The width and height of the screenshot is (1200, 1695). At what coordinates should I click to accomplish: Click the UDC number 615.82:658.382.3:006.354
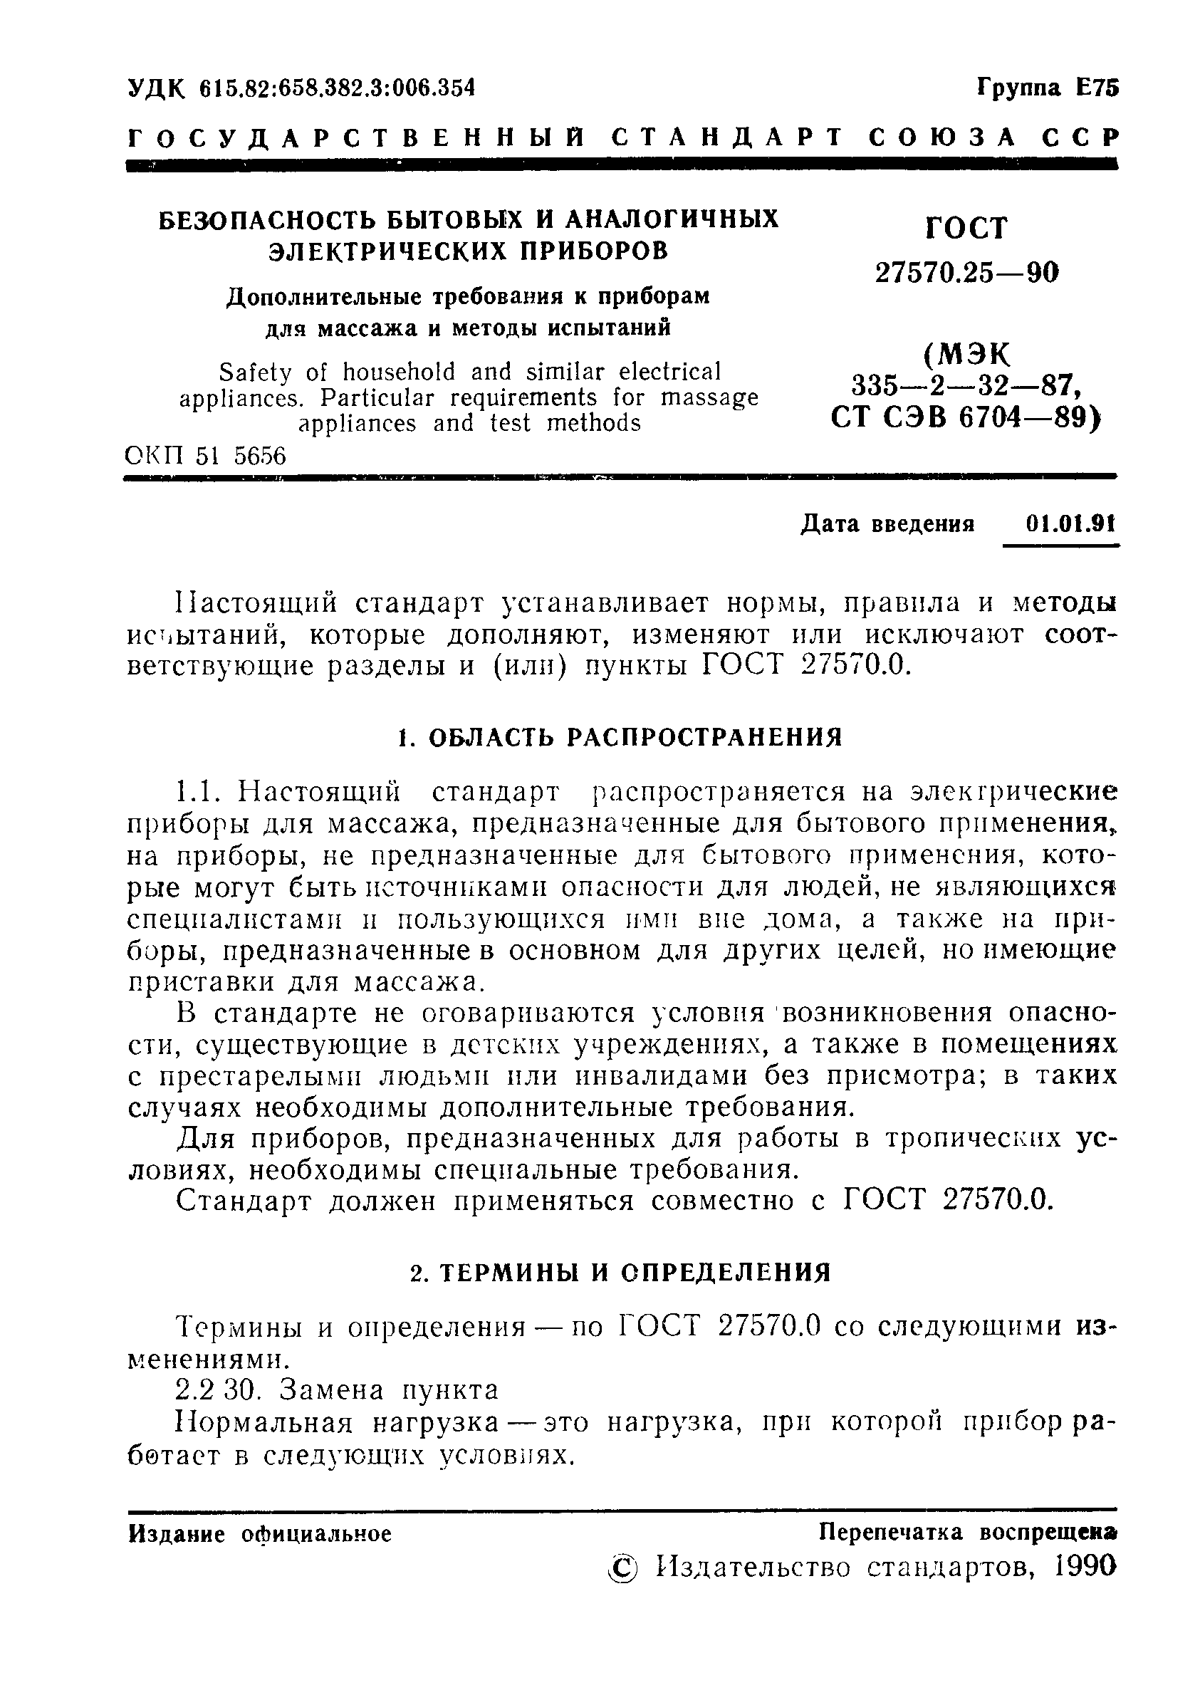(337, 88)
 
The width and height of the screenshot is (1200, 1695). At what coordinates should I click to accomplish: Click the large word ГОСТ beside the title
(966, 229)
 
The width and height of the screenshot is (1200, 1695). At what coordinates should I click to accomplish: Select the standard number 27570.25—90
(966, 273)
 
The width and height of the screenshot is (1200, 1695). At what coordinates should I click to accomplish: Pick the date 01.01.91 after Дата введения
(1070, 525)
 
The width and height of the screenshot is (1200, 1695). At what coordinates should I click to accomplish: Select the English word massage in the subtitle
(709, 397)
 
